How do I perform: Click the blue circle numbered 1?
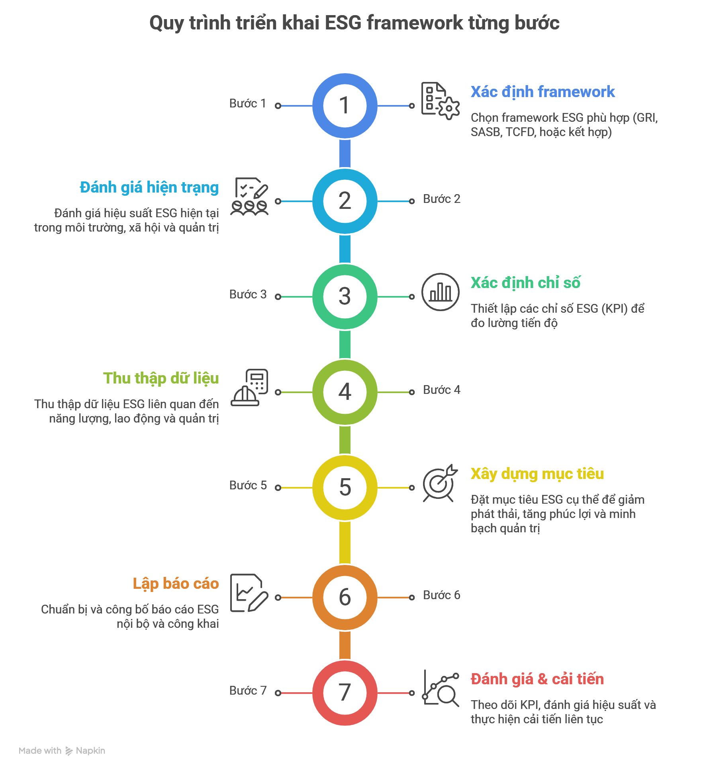(345, 106)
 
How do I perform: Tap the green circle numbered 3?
(345, 297)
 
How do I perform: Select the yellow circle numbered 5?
(345, 488)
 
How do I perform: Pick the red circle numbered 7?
(345, 693)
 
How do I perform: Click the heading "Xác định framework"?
(543, 92)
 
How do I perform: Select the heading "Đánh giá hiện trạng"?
(149, 187)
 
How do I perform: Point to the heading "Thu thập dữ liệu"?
(161, 378)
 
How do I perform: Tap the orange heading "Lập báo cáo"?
(176, 584)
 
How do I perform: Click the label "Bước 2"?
(441, 199)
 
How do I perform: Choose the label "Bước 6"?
(441, 595)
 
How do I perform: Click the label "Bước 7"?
(248, 691)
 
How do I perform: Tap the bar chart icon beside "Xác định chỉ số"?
(440, 292)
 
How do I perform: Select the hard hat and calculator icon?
(250, 387)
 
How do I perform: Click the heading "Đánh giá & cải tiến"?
(537, 679)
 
